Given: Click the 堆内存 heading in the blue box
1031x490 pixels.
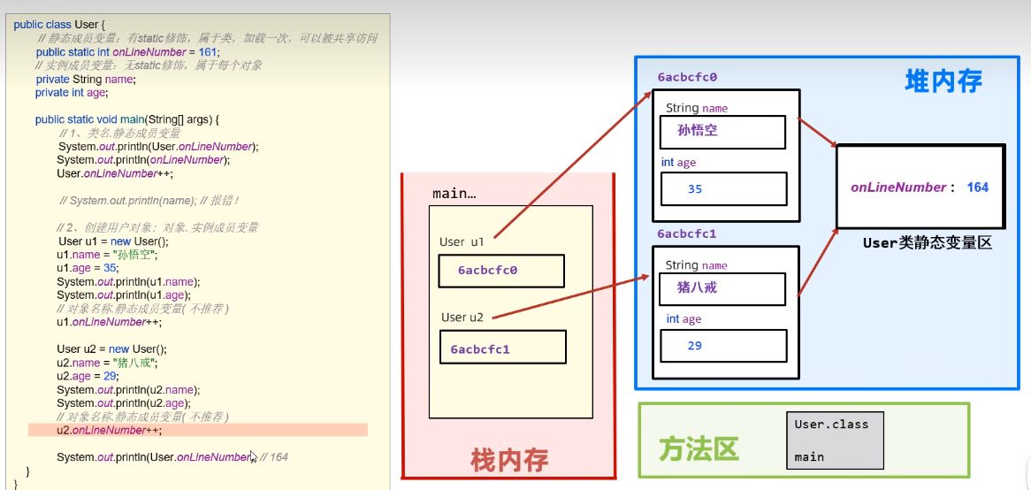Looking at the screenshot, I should (x=943, y=81).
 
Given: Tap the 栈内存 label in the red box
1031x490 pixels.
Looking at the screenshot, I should (x=509, y=459).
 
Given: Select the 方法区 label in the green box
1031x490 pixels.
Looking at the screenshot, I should (x=699, y=449).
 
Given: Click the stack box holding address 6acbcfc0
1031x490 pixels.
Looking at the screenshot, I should (x=501, y=271).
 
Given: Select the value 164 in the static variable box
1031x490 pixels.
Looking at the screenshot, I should (x=977, y=188).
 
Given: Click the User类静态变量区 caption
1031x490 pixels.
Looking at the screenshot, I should (x=927, y=242).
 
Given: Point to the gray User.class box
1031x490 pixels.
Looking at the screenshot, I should (x=835, y=440).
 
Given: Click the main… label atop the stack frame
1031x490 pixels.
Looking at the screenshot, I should (x=454, y=193).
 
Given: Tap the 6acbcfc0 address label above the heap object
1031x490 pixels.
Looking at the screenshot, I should (x=687, y=77).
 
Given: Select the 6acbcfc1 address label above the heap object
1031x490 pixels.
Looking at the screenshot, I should (x=687, y=234).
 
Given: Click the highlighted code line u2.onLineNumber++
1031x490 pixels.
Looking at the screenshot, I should (x=109, y=430).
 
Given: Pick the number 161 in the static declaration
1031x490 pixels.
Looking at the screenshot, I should (x=208, y=51).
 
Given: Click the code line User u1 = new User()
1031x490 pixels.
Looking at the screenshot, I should (x=112, y=241).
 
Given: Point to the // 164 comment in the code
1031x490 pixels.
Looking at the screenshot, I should (x=274, y=457).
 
